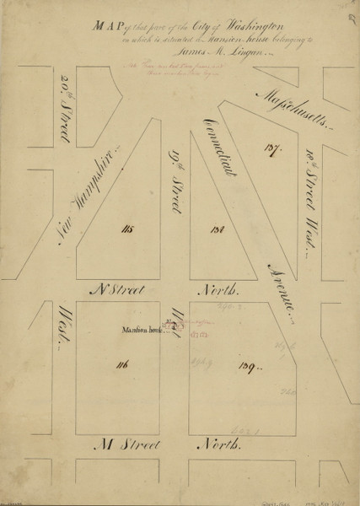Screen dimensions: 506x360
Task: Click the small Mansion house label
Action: click(x=141, y=330)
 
